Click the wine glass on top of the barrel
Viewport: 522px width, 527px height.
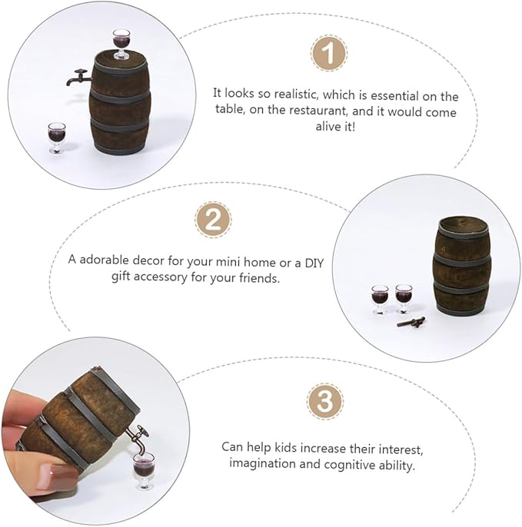click(x=121, y=44)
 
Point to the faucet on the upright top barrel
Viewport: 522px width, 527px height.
click(x=78, y=78)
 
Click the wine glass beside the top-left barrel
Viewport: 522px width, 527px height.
click(x=55, y=137)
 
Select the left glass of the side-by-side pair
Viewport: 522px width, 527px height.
click(x=380, y=299)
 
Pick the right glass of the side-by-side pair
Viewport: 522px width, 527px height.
click(x=404, y=298)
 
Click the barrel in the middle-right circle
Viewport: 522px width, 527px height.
click(x=462, y=266)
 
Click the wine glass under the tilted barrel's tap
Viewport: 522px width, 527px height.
click(x=144, y=469)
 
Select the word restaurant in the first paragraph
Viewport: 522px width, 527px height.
click(x=341, y=112)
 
